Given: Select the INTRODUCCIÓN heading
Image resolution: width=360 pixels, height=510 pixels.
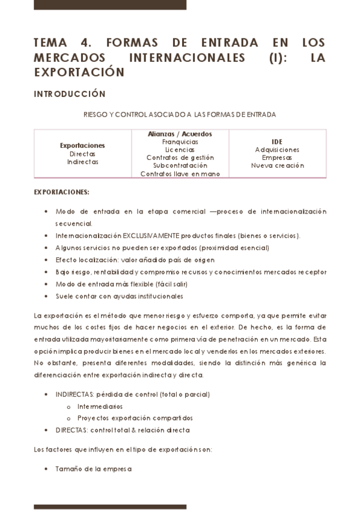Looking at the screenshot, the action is tap(70, 94).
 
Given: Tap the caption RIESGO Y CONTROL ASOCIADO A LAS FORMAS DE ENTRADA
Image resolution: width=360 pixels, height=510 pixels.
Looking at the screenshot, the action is tap(180, 114).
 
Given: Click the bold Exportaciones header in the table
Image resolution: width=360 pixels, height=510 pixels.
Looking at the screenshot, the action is tap(82, 146).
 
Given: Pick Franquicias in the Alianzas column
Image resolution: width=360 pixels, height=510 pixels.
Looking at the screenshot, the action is tap(180, 142).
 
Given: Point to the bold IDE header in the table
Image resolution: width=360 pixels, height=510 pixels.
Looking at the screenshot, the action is tap(277, 142).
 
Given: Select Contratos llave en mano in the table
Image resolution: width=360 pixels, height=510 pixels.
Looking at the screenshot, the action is tap(180, 174).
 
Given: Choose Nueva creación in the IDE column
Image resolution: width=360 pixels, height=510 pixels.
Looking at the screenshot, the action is tap(277, 165).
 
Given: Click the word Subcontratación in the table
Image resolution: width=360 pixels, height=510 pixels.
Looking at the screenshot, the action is tap(180, 165).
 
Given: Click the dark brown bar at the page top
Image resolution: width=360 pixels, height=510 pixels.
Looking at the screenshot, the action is tap(109, 5).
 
